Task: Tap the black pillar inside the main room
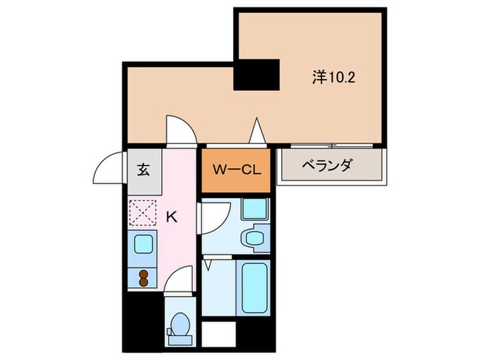click(257, 75)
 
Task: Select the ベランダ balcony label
click(328, 166)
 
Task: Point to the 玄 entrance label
click(143, 169)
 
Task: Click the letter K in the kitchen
click(172, 217)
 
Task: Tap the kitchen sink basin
click(143, 243)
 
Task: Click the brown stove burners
click(144, 277)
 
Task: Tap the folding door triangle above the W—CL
click(257, 130)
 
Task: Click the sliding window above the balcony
click(332, 145)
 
